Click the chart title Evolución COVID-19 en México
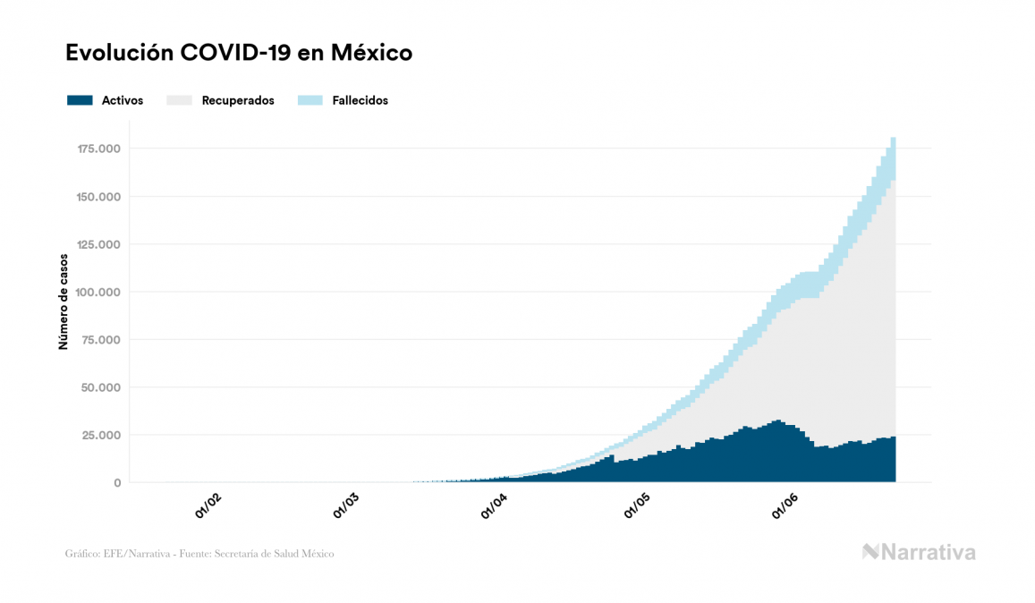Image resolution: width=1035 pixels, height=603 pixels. (x=239, y=53)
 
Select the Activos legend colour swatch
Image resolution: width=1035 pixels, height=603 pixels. (x=80, y=100)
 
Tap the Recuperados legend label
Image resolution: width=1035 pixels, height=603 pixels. (x=238, y=100)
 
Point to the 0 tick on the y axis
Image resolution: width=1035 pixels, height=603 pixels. (x=117, y=483)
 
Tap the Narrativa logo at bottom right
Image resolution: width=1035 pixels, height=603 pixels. (x=919, y=552)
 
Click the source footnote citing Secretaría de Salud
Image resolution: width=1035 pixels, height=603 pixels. (x=199, y=554)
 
